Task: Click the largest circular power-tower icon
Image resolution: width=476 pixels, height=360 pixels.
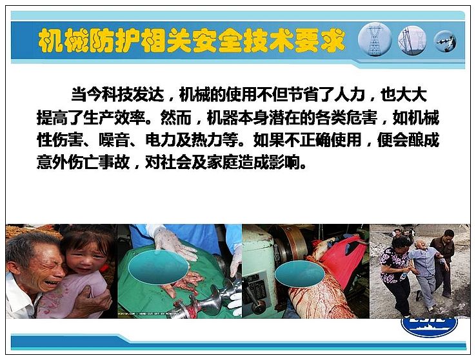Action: (375, 39)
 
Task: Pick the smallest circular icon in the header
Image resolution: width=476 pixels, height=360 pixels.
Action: (445, 41)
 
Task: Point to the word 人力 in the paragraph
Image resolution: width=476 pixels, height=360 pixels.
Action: (350, 95)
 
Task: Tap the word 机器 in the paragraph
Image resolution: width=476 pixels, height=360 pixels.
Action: (223, 118)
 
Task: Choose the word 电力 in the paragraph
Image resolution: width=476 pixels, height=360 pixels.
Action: (161, 140)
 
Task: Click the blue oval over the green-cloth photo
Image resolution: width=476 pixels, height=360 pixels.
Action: (158, 268)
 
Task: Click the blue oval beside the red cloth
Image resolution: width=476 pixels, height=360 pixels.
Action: (300, 274)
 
